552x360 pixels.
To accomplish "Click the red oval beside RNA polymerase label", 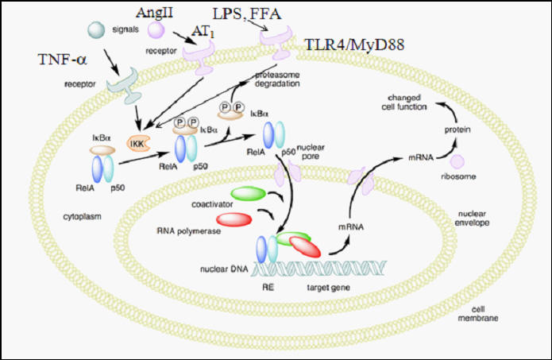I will (x=236, y=219).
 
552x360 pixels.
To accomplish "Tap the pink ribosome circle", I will (x=458, y=161).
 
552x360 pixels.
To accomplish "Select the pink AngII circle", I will (x=157, y=29).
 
